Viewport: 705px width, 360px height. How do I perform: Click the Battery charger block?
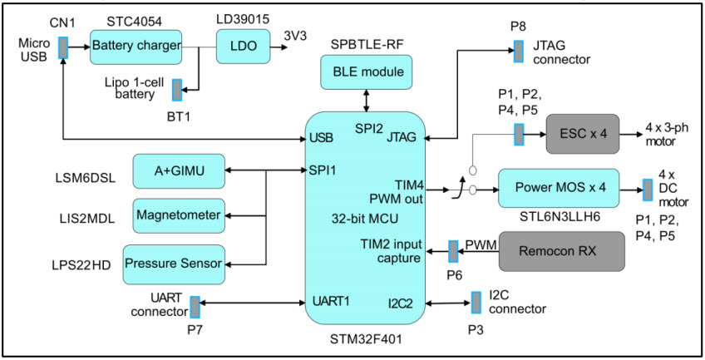coord(136,46)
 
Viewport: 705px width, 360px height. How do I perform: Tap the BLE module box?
coord(367,72)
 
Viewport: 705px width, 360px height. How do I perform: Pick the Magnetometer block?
coord(179,215)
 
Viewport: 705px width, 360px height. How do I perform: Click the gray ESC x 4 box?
coord(582,133)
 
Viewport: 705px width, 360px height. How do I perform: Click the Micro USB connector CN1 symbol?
coord(63,48)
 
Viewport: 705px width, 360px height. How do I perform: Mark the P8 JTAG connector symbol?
coord(517,52)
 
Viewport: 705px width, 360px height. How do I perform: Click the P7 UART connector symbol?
coord(195,306)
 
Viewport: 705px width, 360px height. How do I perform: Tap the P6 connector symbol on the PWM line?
coord(452,250)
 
